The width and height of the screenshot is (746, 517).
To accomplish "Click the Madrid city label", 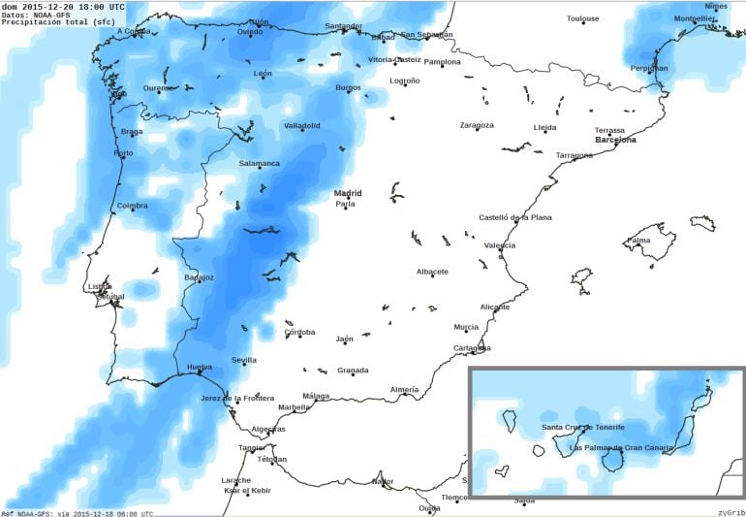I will click(348, 193).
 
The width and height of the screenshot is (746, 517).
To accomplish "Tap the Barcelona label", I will click(615, 140).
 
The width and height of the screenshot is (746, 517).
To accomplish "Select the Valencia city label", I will click(499, 245).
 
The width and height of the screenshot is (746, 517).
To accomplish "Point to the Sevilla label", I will click(244, 360).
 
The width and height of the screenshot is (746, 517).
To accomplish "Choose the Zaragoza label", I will click(477, 125).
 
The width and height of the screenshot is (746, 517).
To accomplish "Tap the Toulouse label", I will click(582, 18).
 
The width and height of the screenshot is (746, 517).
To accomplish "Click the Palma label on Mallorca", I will click(638, 240).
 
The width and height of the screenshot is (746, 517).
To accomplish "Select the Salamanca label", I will click(259, 163).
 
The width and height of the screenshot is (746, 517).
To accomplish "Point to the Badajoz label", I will click(199, 277).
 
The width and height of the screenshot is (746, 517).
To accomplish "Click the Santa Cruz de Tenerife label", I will click(582, 427).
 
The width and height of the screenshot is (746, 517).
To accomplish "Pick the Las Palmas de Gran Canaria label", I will click(620, 447).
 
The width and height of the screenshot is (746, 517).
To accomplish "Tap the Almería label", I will click(404, 389).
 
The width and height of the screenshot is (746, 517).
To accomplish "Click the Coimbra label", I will click(132, 205).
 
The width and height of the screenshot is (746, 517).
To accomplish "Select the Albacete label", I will click(432, 272).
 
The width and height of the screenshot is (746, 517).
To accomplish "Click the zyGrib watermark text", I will click(730, 511).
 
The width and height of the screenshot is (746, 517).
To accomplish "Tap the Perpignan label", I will click(648, 68).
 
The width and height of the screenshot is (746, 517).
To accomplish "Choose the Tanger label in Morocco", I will click(252, 447).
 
